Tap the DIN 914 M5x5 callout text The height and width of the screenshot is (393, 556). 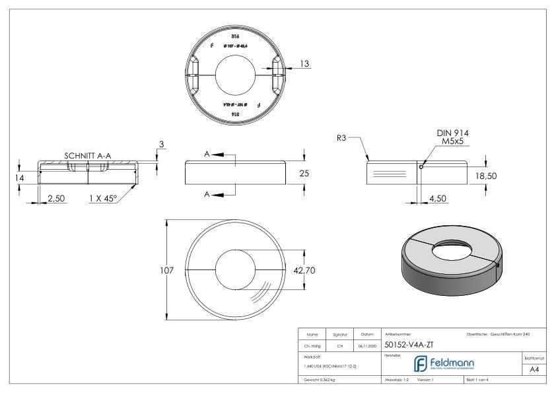click(452, 137)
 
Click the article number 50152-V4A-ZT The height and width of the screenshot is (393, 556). click(409, 344)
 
